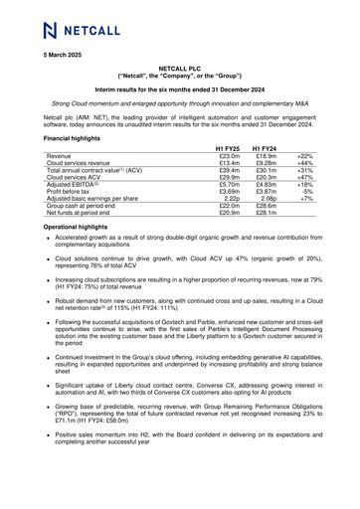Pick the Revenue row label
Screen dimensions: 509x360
click(x=59, y=157)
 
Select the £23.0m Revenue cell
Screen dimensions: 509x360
click(x=230, y=157)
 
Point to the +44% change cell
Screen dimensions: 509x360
click(x=303, y=166)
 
